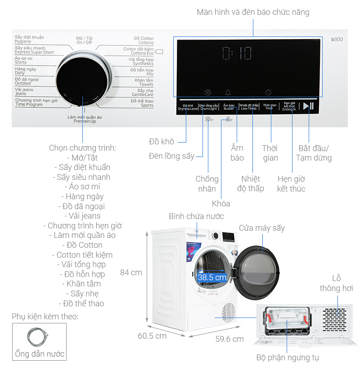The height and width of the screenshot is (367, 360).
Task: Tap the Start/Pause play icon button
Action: (x=308, y=106)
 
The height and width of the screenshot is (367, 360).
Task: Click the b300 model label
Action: (x=337, y=40)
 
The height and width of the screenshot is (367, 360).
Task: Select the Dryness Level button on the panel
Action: (x=187, y=107)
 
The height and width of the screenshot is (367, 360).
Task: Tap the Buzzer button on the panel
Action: (x=229, y=107)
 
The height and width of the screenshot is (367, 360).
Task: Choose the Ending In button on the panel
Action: (x=289, y=107)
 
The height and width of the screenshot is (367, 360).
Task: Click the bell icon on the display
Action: (x=228, y=92)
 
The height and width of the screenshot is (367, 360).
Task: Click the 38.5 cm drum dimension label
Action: (x=212, y=277)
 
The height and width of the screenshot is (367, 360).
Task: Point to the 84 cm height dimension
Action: (x=131, y=273)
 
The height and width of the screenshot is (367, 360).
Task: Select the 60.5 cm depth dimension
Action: (x=152, y=336)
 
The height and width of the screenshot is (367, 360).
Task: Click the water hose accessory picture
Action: (x=38, y=336)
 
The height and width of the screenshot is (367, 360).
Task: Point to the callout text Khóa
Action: (x=220, y=204)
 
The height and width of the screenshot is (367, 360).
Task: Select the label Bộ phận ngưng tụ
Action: (x=288, y=358)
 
